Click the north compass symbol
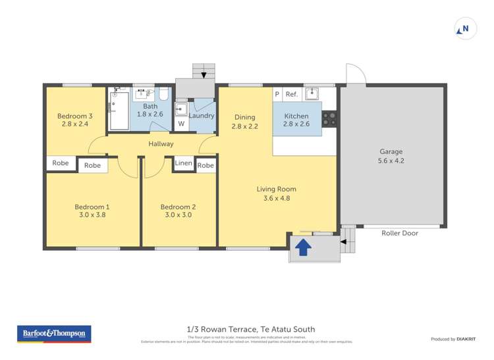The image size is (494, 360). pyautogui.click(x=465, y=29)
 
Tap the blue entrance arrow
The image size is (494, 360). pyautogui.click(x=304, y=247)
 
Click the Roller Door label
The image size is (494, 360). pyautogui.click(x=400, y=233)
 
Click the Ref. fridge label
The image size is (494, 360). pyautogui.click(x=292, y=94)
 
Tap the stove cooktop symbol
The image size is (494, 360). pyautogui.click(x=329, y=119)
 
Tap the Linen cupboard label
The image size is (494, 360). pyautogui.click(x=183, y=163)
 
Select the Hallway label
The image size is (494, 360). pyautogui.click(x=161, y=143)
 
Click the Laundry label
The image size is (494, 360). pyautogui.click(x=201, y=116)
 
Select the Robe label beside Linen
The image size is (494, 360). pyautogui.click(x=206, y=166)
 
